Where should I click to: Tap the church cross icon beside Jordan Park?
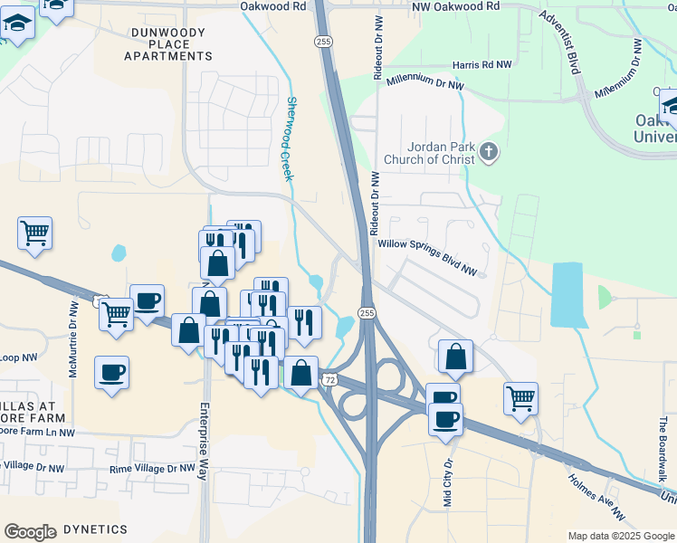[x=489, y=152]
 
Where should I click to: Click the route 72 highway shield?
[x=329, y=380]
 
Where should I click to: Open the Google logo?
[x=30, y=531]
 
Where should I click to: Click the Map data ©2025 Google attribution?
[x=620, y=536]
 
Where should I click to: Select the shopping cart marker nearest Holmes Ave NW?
[x=520, y=398]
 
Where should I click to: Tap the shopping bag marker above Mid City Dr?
[x=455, y=357]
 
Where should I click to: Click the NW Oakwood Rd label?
[x=455, y=5]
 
